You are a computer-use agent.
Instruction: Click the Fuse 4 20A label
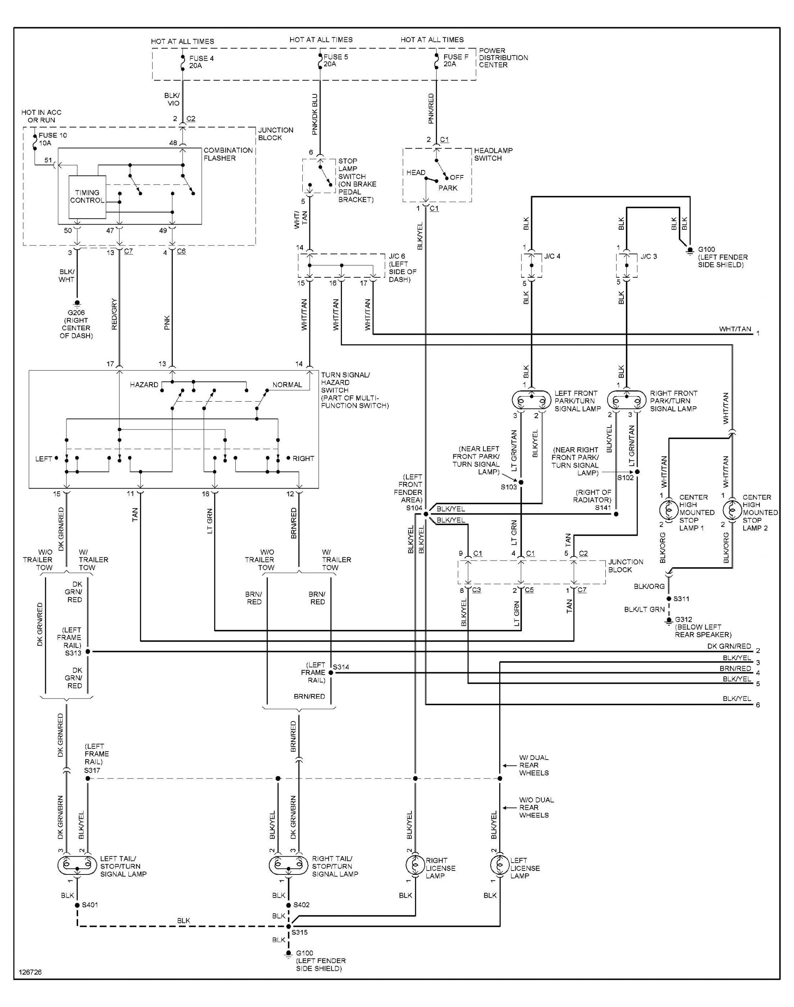pos(201,62)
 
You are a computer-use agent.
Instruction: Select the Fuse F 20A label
pos(455,61)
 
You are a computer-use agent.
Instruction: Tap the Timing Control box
pos(87,196)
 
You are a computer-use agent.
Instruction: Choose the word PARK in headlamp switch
pos(448,188)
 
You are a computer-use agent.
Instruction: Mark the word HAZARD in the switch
pos(144,385)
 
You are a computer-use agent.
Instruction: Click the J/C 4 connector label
pos(552,256)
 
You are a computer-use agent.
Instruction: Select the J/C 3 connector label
pos(649,256)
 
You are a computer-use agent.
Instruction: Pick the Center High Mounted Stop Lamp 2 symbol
pos(733,510)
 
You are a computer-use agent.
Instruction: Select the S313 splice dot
pos(88,652)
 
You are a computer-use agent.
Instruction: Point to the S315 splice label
pos(300,932)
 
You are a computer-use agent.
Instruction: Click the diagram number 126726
pos(30,972)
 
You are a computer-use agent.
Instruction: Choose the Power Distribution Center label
pos(503,58)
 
